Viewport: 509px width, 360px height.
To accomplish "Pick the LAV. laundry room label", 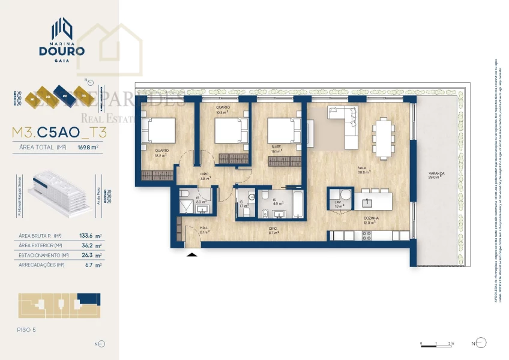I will coord(338,204).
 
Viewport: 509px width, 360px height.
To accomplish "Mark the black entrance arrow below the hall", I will coord(192,255).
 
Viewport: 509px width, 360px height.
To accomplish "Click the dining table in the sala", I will coord(382,137).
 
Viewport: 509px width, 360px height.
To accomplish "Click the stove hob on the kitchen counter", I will coord(366,236).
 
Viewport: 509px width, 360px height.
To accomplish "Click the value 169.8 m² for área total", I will coord(88,146).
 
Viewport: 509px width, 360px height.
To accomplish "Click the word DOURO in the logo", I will coord(62,51).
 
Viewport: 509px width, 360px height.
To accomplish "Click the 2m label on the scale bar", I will coord(451,343).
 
